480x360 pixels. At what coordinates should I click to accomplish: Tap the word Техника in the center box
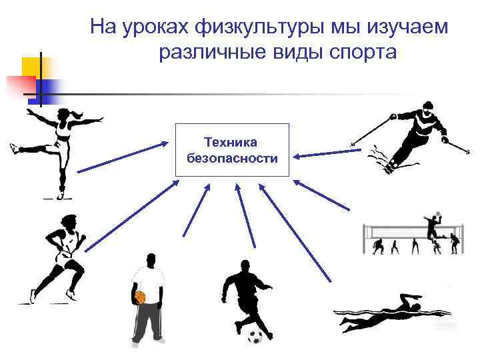point(231,142)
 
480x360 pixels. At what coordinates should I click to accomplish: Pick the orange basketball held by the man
point(140,297)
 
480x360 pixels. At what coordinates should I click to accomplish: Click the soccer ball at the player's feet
point(255,336)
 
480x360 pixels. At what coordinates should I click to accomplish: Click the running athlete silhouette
point(60,257)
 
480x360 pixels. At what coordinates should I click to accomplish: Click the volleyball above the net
point(439,215)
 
